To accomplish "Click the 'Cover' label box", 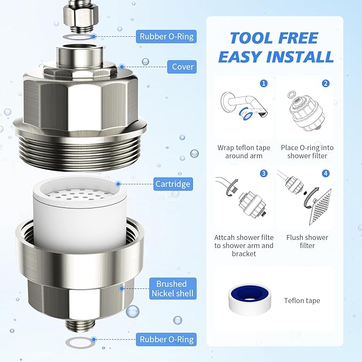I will (182, 67).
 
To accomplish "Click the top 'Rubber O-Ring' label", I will (166, 37).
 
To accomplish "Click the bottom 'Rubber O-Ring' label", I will (166, 339).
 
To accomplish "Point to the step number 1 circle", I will (263, 84).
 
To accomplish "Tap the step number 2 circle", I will (325, 84).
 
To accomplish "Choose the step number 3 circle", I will (263, 173).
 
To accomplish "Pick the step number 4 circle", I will (325, 173).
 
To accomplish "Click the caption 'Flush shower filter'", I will (307, 242).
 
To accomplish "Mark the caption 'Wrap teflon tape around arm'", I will (244, 151).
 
